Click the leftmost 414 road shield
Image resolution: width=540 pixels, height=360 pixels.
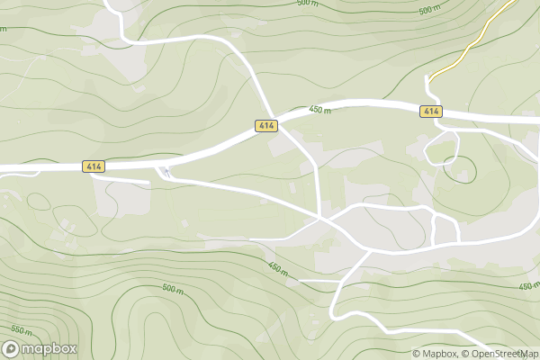click(x=94, y=166)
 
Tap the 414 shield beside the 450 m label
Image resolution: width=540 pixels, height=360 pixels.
click(x=265, y=125)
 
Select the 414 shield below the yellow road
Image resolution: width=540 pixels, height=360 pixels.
click(x=431, y=111)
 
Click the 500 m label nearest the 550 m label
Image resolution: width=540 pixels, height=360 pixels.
click(x=173, y=290)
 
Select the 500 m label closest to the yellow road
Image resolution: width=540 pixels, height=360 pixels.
click(x=430, y=11)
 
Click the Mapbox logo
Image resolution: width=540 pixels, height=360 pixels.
click(x=40, y=348)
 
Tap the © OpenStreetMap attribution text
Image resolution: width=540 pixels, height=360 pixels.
click(x=500, y=354)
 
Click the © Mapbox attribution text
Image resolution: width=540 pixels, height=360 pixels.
click(x=435, y=354)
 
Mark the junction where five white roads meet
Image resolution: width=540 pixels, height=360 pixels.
click(x=324, y=218)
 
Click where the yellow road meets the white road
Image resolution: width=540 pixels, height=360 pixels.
click(x=429, y=78)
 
